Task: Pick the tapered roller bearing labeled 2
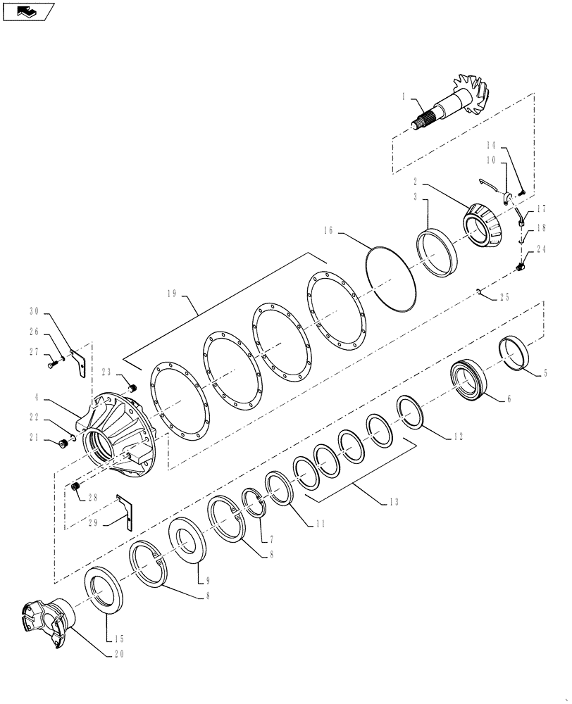click(484, 224)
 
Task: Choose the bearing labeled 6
click(470, 382)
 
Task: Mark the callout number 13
click(393, 502)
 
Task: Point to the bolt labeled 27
click(51, 365)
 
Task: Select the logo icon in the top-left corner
click(28, 11)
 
